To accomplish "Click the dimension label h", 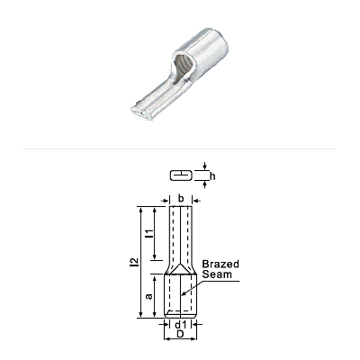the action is (x=212, y=176).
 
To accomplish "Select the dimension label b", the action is (x=181, y=199).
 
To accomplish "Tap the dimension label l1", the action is (x=149, y=234).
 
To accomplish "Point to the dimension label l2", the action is (x=135, y=262).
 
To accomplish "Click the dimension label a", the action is (x=148, y=296).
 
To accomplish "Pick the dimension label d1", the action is (x=181, y=325).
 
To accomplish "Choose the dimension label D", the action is (x=180, y=334).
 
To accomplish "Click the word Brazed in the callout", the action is (x=220, y=264).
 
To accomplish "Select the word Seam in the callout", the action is (x=217, y=274).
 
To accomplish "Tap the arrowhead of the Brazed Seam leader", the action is (x=184, y=293).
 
